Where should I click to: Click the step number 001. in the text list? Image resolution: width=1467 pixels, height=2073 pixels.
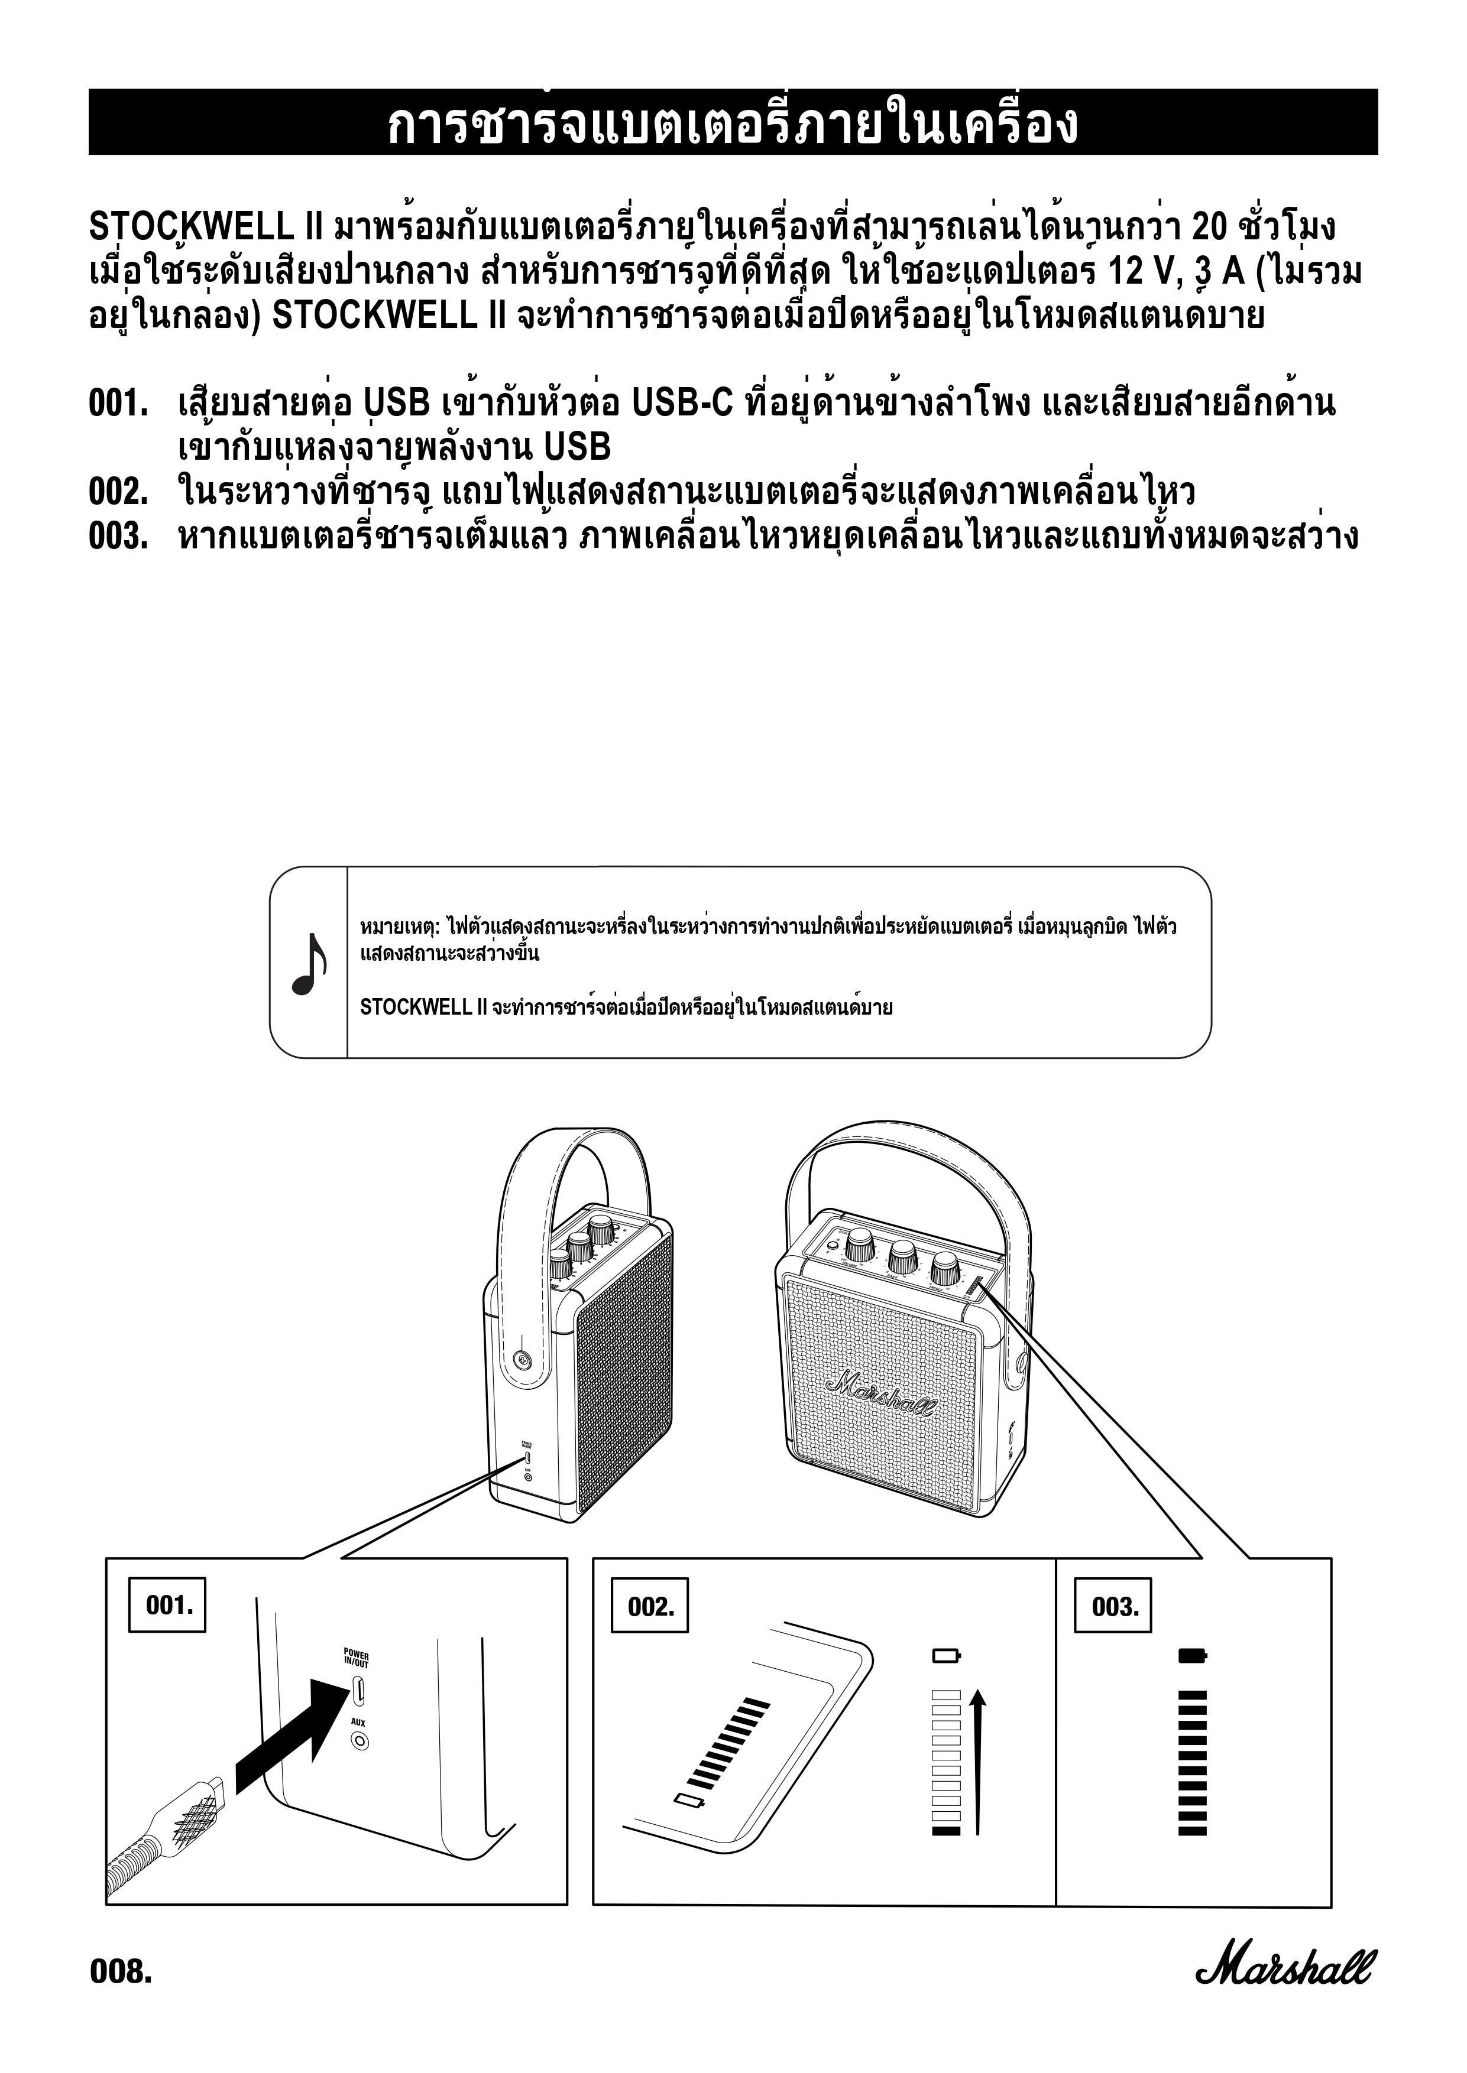pos(118,404)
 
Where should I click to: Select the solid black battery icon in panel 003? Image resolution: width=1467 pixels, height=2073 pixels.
pos(1193,1656)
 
